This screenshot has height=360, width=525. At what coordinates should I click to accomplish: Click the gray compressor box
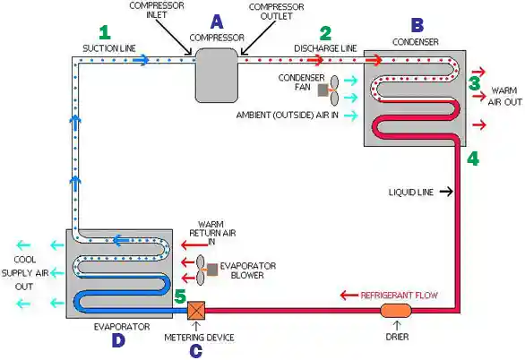pyautogui.click(x=217, y=75)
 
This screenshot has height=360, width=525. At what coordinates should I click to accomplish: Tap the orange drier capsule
pyautogui.click(x=396, y=311)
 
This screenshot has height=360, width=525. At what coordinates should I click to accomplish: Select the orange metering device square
pyautogui.click(x=196, y=311)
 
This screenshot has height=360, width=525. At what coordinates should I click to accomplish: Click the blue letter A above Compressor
pyautogui.click(x=217, y=22)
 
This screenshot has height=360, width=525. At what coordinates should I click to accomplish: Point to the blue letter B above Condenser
pyautogui.click(x=417, y=25)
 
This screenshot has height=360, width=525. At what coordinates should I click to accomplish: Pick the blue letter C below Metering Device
pyautogui.click(x=196, y=351)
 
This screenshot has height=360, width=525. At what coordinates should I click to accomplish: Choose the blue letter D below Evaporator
pyautogui.click(x=118, y=340)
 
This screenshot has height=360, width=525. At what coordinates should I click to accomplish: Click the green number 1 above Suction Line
pyautogui.click(x=105, y=33)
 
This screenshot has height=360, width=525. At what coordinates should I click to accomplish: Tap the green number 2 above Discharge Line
pyautogui.click(x=325, y=33)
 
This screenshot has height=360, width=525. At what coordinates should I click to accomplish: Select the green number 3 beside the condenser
pyautogui.click(x=475, y=83)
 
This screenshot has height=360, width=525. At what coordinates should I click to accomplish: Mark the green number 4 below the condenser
pyautogui.click(x=473, y=159)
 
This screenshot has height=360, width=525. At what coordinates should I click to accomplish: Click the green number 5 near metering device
pyautogui.click(x=180, y=296)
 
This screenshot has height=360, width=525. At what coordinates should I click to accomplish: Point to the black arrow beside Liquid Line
pyautogui.click(x=446, y=192)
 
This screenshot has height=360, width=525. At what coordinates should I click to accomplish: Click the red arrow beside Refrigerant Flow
pyautogui.click(x=349, y=296)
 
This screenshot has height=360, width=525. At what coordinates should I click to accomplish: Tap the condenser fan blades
pyautogui.click(x=334, y=90)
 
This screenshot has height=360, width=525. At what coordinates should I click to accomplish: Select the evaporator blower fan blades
pyautogui.click(x=200, y=270)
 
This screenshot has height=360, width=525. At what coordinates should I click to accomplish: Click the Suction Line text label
pyautogui.click(x=109, y=48)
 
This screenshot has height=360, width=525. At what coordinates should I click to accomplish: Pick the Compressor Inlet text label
pyautogui.click(x=157, y=10)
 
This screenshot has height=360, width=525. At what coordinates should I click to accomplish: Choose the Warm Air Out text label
pyautogui.click(x=504, y=97)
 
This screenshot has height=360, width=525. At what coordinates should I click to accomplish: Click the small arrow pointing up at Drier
pyautogui.click(x=397, y=326)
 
